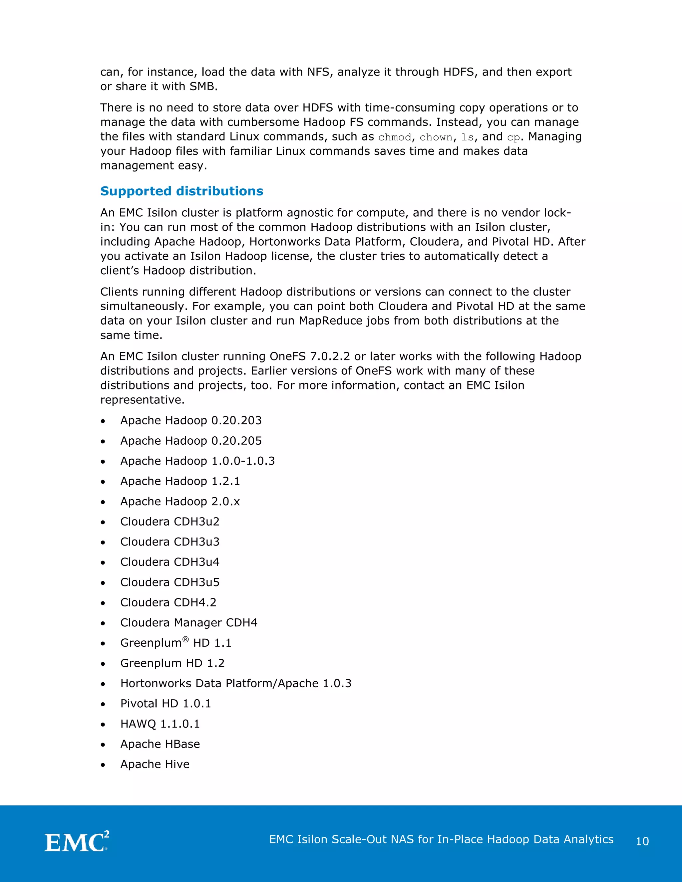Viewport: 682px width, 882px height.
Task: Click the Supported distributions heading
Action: click(181, 191)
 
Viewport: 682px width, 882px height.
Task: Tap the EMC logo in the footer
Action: click(76, 842)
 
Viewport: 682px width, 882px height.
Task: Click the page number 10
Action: click(642, 841)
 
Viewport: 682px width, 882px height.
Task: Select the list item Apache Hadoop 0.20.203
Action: click(191, 420)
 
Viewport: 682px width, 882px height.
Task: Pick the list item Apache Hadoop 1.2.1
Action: click(180, 481)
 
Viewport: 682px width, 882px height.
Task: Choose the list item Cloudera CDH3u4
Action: click(170, 562)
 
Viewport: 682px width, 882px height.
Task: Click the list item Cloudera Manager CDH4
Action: click(189, 622)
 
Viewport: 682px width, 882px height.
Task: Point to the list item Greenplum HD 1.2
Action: click(172, 663)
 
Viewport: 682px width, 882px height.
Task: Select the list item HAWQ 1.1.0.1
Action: click(160, 723)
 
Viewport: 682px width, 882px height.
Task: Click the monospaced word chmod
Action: click(394, 137)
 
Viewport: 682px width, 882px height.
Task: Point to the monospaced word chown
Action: click(436, 137)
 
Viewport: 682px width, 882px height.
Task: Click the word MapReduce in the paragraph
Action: click(330, 321)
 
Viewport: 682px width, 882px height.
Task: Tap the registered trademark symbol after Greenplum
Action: click(185, 639)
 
